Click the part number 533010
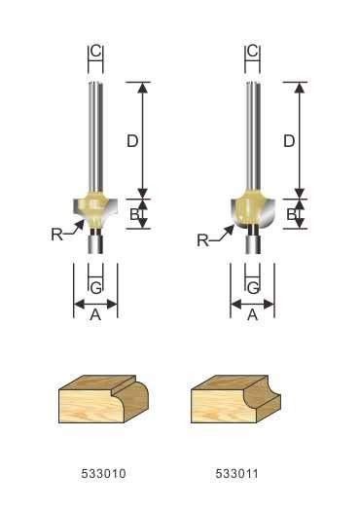103,473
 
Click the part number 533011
236,473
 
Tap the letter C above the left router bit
96,51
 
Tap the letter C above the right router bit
253,51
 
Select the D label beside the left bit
132,141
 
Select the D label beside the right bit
289,141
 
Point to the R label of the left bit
56,235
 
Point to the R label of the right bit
202,240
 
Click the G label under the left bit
96,287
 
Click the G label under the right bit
253,287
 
